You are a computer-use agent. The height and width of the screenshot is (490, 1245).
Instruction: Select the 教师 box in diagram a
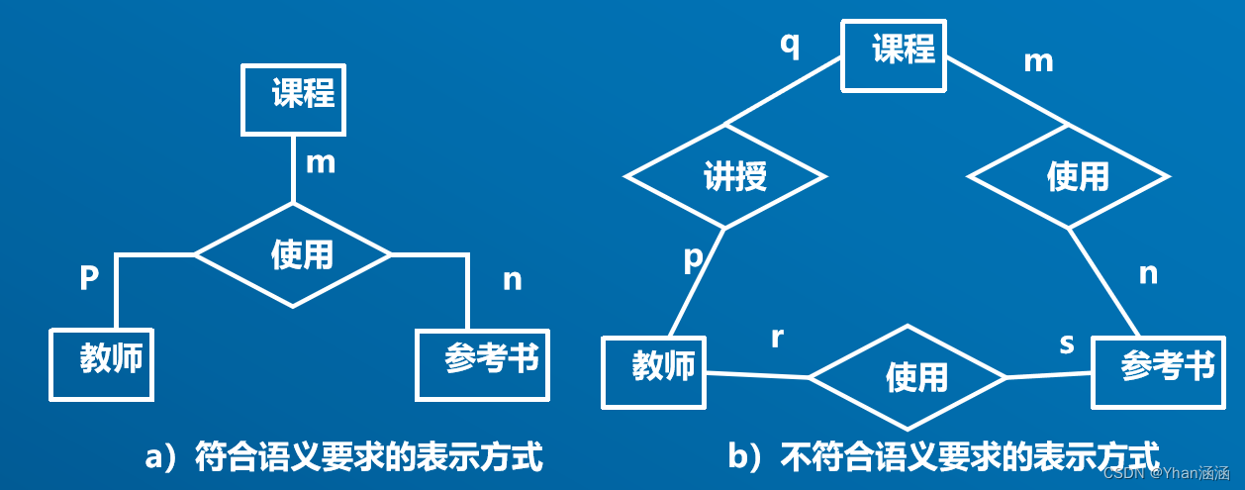[102, 362]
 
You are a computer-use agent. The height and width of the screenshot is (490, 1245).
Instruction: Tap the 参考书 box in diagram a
[481, 362]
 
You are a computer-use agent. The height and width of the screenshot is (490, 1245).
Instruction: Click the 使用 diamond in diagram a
[294, 254]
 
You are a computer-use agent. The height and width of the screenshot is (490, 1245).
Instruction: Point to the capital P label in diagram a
[89, 280]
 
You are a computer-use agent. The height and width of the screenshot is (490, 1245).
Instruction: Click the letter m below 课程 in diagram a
[321, 162]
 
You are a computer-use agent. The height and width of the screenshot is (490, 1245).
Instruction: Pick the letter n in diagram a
[512, 280]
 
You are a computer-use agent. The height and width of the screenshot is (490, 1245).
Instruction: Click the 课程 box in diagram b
[895, 54]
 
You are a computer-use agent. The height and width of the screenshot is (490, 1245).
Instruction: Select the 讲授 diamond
[725, 177]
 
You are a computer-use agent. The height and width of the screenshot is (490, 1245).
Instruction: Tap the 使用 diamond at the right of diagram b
[1069, 177]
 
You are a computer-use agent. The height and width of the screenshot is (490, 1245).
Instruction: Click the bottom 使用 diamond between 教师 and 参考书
[908, 377]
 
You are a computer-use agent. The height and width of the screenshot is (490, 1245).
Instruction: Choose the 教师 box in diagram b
[654, 371]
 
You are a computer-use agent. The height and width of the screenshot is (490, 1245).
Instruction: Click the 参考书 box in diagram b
[1156, 370]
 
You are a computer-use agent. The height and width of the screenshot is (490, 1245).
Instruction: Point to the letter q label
[790, 45]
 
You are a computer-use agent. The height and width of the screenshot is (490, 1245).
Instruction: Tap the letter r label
[777, 337]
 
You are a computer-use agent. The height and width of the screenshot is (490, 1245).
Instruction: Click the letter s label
[1067, 343]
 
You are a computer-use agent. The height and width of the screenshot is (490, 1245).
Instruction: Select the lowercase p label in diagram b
[693, 257]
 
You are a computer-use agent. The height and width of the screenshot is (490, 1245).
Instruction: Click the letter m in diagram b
[1038, 61]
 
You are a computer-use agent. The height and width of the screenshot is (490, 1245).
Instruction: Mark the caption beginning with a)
[343, 457]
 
